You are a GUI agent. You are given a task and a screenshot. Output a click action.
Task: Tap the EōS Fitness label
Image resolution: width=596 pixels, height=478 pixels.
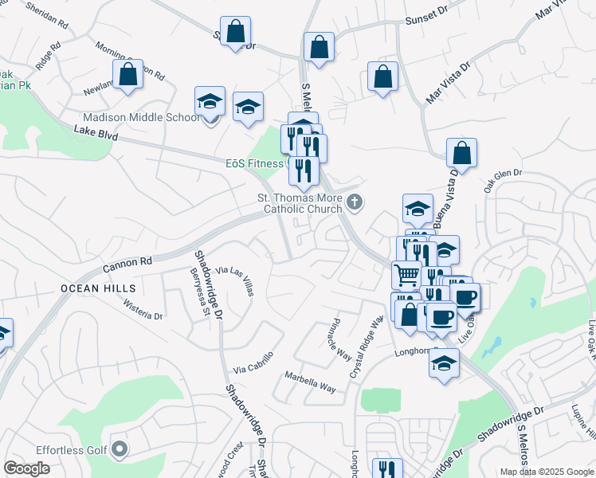(254, 163)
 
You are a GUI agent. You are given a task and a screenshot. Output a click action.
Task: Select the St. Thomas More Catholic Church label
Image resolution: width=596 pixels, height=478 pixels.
(299, 204)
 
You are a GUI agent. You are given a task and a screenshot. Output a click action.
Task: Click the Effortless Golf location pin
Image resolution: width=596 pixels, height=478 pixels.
(120, 450)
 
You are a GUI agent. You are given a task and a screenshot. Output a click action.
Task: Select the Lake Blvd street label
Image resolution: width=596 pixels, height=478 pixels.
(96, 132)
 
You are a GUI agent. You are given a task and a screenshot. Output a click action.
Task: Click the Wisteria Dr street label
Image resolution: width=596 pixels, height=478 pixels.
(143, 310)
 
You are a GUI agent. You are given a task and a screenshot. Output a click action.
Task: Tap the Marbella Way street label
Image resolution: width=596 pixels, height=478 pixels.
(311, 382)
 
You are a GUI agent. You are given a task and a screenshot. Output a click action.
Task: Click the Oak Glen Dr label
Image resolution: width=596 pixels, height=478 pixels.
(502, 175)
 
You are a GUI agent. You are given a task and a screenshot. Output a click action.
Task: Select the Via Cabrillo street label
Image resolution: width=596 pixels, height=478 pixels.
(253, 362)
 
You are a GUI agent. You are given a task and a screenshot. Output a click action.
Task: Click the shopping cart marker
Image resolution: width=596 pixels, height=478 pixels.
(406, 275)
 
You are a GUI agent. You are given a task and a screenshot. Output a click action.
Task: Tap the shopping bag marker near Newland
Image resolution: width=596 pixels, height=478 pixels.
(127, 75)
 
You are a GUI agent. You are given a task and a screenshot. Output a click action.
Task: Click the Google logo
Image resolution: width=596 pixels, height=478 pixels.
(26, 468)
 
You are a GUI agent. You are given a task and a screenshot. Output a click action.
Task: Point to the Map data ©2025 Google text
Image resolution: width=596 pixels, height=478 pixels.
(546, 472)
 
